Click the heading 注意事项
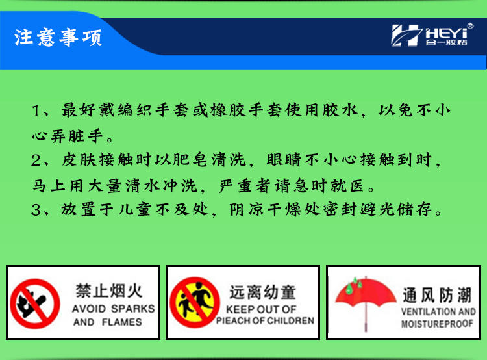point(58,38)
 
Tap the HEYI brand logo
point(432,36)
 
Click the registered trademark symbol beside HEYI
point(470,26)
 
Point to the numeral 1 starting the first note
point(36,111)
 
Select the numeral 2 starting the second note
point(36,161)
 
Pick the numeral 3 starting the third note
point(36,210)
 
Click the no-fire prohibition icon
point(35,303)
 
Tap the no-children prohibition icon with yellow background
point(195,302)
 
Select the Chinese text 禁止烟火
point(109,290)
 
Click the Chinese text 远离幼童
point(263,292)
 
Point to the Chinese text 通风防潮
point(437,295)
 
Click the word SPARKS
point(133,309)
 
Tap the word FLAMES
point(122,322)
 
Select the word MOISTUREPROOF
point(437,324)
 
